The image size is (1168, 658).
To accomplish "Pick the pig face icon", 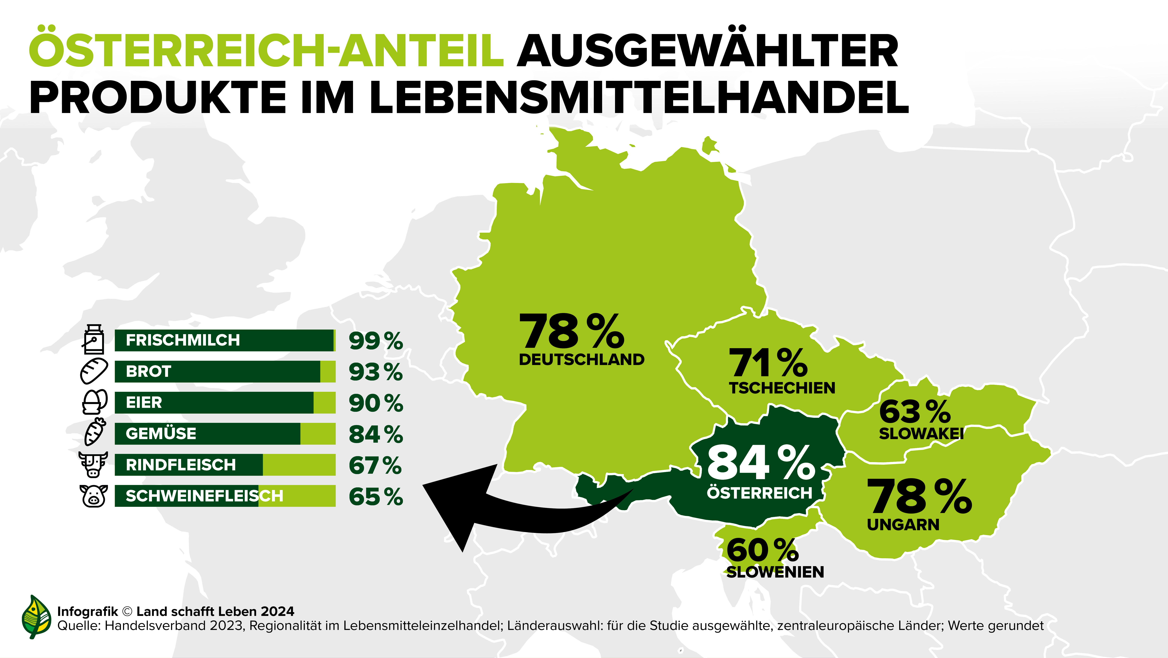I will [x=94, y=496].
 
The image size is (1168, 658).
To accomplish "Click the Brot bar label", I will [x=148, y=371].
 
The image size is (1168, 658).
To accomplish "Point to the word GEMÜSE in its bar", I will [x=161, y=433].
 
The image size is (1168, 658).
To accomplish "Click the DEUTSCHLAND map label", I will [x=581, y=359].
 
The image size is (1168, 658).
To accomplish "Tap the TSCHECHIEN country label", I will [x=782, y=388].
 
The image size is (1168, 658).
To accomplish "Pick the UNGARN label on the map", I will [x=903, y=525].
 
